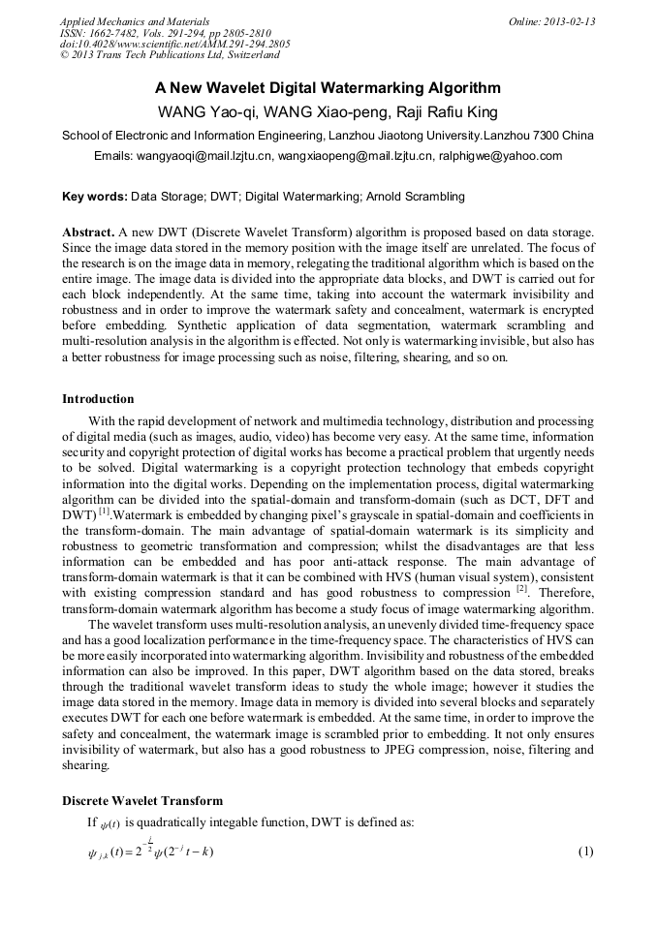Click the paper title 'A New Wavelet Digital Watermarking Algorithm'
[328, 87]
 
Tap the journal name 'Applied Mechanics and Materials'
[134, 21]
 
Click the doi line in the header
[174, 45]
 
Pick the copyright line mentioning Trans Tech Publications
[170, 56]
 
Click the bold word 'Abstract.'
[88, 233]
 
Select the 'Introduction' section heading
[98, 399]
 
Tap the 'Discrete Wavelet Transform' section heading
[142, 801]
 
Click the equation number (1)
[584, 852]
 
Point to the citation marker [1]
[108, 510]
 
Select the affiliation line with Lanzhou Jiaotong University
[328, 135]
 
